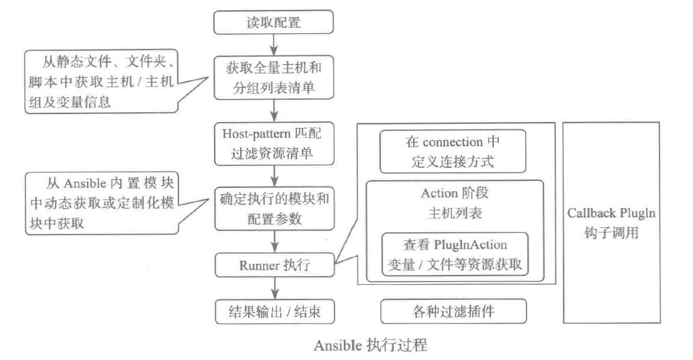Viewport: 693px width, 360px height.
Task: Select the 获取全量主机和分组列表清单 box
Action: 274,78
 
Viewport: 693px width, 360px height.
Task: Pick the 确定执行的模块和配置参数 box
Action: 274,208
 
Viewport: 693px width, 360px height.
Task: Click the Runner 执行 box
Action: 274,265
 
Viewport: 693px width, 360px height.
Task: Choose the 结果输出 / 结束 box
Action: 275,311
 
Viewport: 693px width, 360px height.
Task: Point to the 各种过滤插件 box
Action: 453,311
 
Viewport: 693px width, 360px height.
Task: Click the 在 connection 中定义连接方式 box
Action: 453,151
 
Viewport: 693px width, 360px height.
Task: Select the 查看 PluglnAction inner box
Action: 455,254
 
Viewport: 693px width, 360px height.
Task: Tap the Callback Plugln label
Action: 611,213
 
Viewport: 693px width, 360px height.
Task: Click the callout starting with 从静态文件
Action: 101,81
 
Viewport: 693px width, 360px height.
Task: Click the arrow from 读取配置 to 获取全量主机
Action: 274,45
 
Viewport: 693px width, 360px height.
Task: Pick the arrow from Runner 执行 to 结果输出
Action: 274,288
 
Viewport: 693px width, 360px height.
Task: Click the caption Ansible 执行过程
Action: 370,346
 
